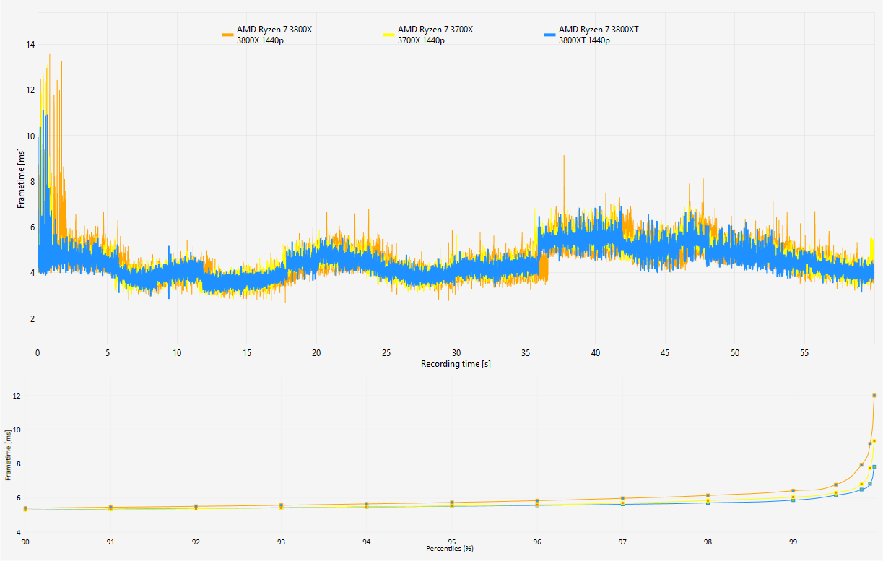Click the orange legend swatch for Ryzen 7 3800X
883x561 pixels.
tap(227, 35)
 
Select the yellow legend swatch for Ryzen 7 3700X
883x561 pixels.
tap(388, 35)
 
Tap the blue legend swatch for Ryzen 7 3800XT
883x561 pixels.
tap(549, 35)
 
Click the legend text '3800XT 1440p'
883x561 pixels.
tap(584, 40)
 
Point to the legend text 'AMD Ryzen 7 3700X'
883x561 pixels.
tap(435, 30)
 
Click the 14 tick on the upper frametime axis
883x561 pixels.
tap(30, 45)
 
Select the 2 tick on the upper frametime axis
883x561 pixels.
tap(32, 318)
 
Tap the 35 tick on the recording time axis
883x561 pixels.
tap(526, 353)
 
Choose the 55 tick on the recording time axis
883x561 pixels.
tap(804, 353)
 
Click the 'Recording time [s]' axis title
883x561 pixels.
tap(456, 364)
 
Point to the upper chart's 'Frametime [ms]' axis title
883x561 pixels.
tap(21, 178)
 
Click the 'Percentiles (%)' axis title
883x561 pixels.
tap(450, 549)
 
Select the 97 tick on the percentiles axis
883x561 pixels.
tap(622, 542)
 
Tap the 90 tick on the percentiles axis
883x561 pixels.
tap(25, 542)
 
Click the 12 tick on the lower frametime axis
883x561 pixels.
tap(17, 396)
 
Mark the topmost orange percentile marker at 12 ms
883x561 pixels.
tap(874, 396)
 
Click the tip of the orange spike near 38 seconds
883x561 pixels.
tap(564, 156)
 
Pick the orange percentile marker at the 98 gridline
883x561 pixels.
tap(708, 495)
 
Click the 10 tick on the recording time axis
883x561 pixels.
tap(177, 353)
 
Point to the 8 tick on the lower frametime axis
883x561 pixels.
tap(19, 464)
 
